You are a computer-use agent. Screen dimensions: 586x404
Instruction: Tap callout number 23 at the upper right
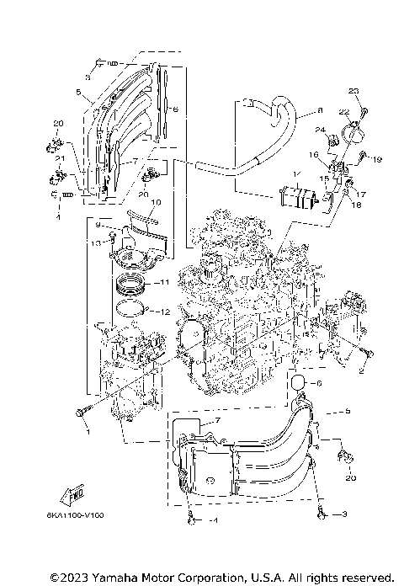pos(354,91)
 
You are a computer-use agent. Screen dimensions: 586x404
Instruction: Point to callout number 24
pos(320,130)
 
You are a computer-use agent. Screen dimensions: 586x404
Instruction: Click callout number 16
pos(313,155)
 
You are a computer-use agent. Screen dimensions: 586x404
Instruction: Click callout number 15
pos(324,179)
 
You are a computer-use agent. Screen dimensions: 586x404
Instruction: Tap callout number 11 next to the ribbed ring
pos(166,282)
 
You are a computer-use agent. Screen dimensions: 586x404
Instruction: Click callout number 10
pos(155,202)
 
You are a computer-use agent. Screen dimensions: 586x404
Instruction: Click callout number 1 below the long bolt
pos(85,432)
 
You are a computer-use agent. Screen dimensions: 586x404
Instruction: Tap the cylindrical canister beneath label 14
pos(297,200)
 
